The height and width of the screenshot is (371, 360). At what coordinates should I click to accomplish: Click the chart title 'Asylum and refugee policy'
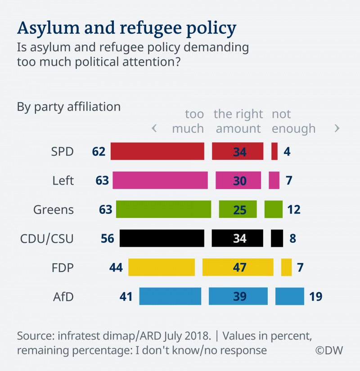pos(126,28)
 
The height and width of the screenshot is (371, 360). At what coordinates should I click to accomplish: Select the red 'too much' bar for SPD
pos(157,151)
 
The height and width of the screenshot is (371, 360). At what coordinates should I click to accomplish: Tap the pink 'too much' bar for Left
pos(160,180)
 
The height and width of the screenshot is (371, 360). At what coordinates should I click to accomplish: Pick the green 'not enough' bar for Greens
pos(274,209)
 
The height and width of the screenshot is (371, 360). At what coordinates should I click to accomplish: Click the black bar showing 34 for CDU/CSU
pos(237,238)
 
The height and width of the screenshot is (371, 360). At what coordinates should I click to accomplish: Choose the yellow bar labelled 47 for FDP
pos(238,267)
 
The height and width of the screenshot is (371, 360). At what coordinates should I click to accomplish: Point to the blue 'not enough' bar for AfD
pos(289,296)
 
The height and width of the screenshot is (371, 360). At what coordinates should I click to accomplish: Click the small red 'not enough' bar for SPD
pos(274,151)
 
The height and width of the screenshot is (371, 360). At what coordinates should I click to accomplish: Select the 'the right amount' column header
pos(238,121)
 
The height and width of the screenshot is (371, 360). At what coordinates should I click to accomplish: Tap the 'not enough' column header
pos(293,121)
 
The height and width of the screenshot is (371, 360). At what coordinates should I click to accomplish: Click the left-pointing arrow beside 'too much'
pos(154,128)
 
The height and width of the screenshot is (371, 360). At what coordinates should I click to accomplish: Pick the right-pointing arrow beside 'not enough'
pos(337,128)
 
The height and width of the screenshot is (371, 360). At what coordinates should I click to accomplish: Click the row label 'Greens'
pos(54,209)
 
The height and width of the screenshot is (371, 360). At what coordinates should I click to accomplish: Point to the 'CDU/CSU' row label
pos(47,238)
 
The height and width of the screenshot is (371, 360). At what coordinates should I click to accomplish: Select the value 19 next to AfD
pos(316,296)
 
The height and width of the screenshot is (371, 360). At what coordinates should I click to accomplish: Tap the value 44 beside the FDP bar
pos(117,267)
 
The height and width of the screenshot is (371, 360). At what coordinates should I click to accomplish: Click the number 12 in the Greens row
pos(294,209)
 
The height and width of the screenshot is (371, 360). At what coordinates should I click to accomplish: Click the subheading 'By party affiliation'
pos(69,107)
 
